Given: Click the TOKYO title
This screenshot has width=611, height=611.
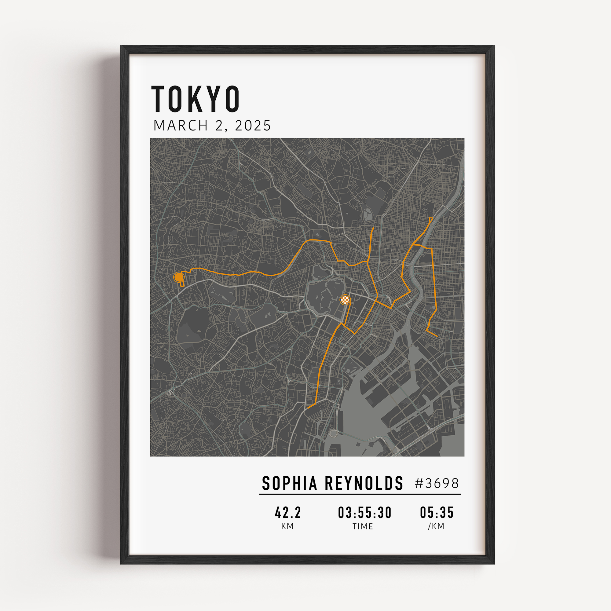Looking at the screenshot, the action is [x=196, y=99].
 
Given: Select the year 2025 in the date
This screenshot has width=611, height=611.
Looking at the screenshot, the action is [x=253, y=126].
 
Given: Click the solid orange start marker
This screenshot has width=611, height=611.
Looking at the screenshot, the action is [x=179, y=277].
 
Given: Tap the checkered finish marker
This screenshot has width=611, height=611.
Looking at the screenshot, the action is [x=345, y=299].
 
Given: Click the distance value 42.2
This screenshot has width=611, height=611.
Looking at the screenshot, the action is [x=288, y=513].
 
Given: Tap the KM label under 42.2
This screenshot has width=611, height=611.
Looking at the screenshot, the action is [x=287, y=526].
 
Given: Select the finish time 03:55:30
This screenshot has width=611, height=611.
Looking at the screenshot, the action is [x=365, y=513].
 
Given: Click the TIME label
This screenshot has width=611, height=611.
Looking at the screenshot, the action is [x=363, y=527].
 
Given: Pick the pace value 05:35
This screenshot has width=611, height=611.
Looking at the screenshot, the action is [x=437, y=513].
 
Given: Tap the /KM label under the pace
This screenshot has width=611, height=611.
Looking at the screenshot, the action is [x=436, y=526].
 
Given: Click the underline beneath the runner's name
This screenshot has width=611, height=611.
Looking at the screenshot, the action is [x=360, y=494].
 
